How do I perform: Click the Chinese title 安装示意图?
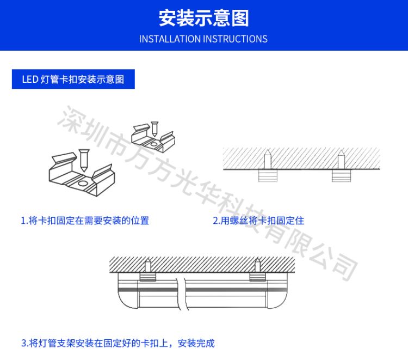(x=204, y=18)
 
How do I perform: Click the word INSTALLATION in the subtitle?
(x=170, y=39)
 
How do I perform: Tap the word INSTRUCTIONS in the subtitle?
(x=235, y=39)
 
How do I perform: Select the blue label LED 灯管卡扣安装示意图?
(x=73, y=79)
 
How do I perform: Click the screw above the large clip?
(x=84, y=160)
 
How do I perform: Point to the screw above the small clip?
(x=154, y=129)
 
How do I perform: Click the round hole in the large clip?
(x=83, y=184)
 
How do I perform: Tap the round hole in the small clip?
(x=153, y=144)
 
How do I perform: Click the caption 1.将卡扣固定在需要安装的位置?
(x=85, y=221)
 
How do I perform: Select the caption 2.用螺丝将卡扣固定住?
(x=258, y=221)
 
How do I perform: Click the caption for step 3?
(x=118, y=343)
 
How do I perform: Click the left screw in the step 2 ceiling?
(x=268, y=159)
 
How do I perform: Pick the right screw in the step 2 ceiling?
(x=341, y=159)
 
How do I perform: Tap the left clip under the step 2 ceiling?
(x=268, y=175)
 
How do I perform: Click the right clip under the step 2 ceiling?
(x=342, y=175)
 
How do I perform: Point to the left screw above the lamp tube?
(x=147, y=265)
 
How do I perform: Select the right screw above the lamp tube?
(x=257, y=265)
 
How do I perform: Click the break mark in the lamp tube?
(x=182, y=294)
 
